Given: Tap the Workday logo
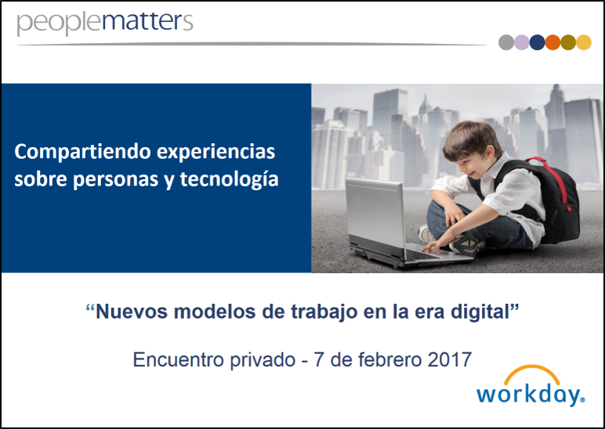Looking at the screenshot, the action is (x=531, y=385).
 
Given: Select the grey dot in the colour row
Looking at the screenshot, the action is (x=506, y=42).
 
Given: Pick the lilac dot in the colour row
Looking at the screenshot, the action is (x=522, y=42).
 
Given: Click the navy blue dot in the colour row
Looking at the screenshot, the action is (x=537, y=42).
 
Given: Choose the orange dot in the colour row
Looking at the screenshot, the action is (x=552, y=42).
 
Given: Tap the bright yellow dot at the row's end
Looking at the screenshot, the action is (x=584, y=42).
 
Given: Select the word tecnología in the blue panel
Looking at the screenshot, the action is (x=229, y=179).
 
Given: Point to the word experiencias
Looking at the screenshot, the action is (x=216, y=152).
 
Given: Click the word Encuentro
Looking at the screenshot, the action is (x=178, y=359).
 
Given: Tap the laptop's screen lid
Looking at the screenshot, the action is (x=375, y=213).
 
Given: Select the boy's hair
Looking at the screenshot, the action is (x=472, y=139).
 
